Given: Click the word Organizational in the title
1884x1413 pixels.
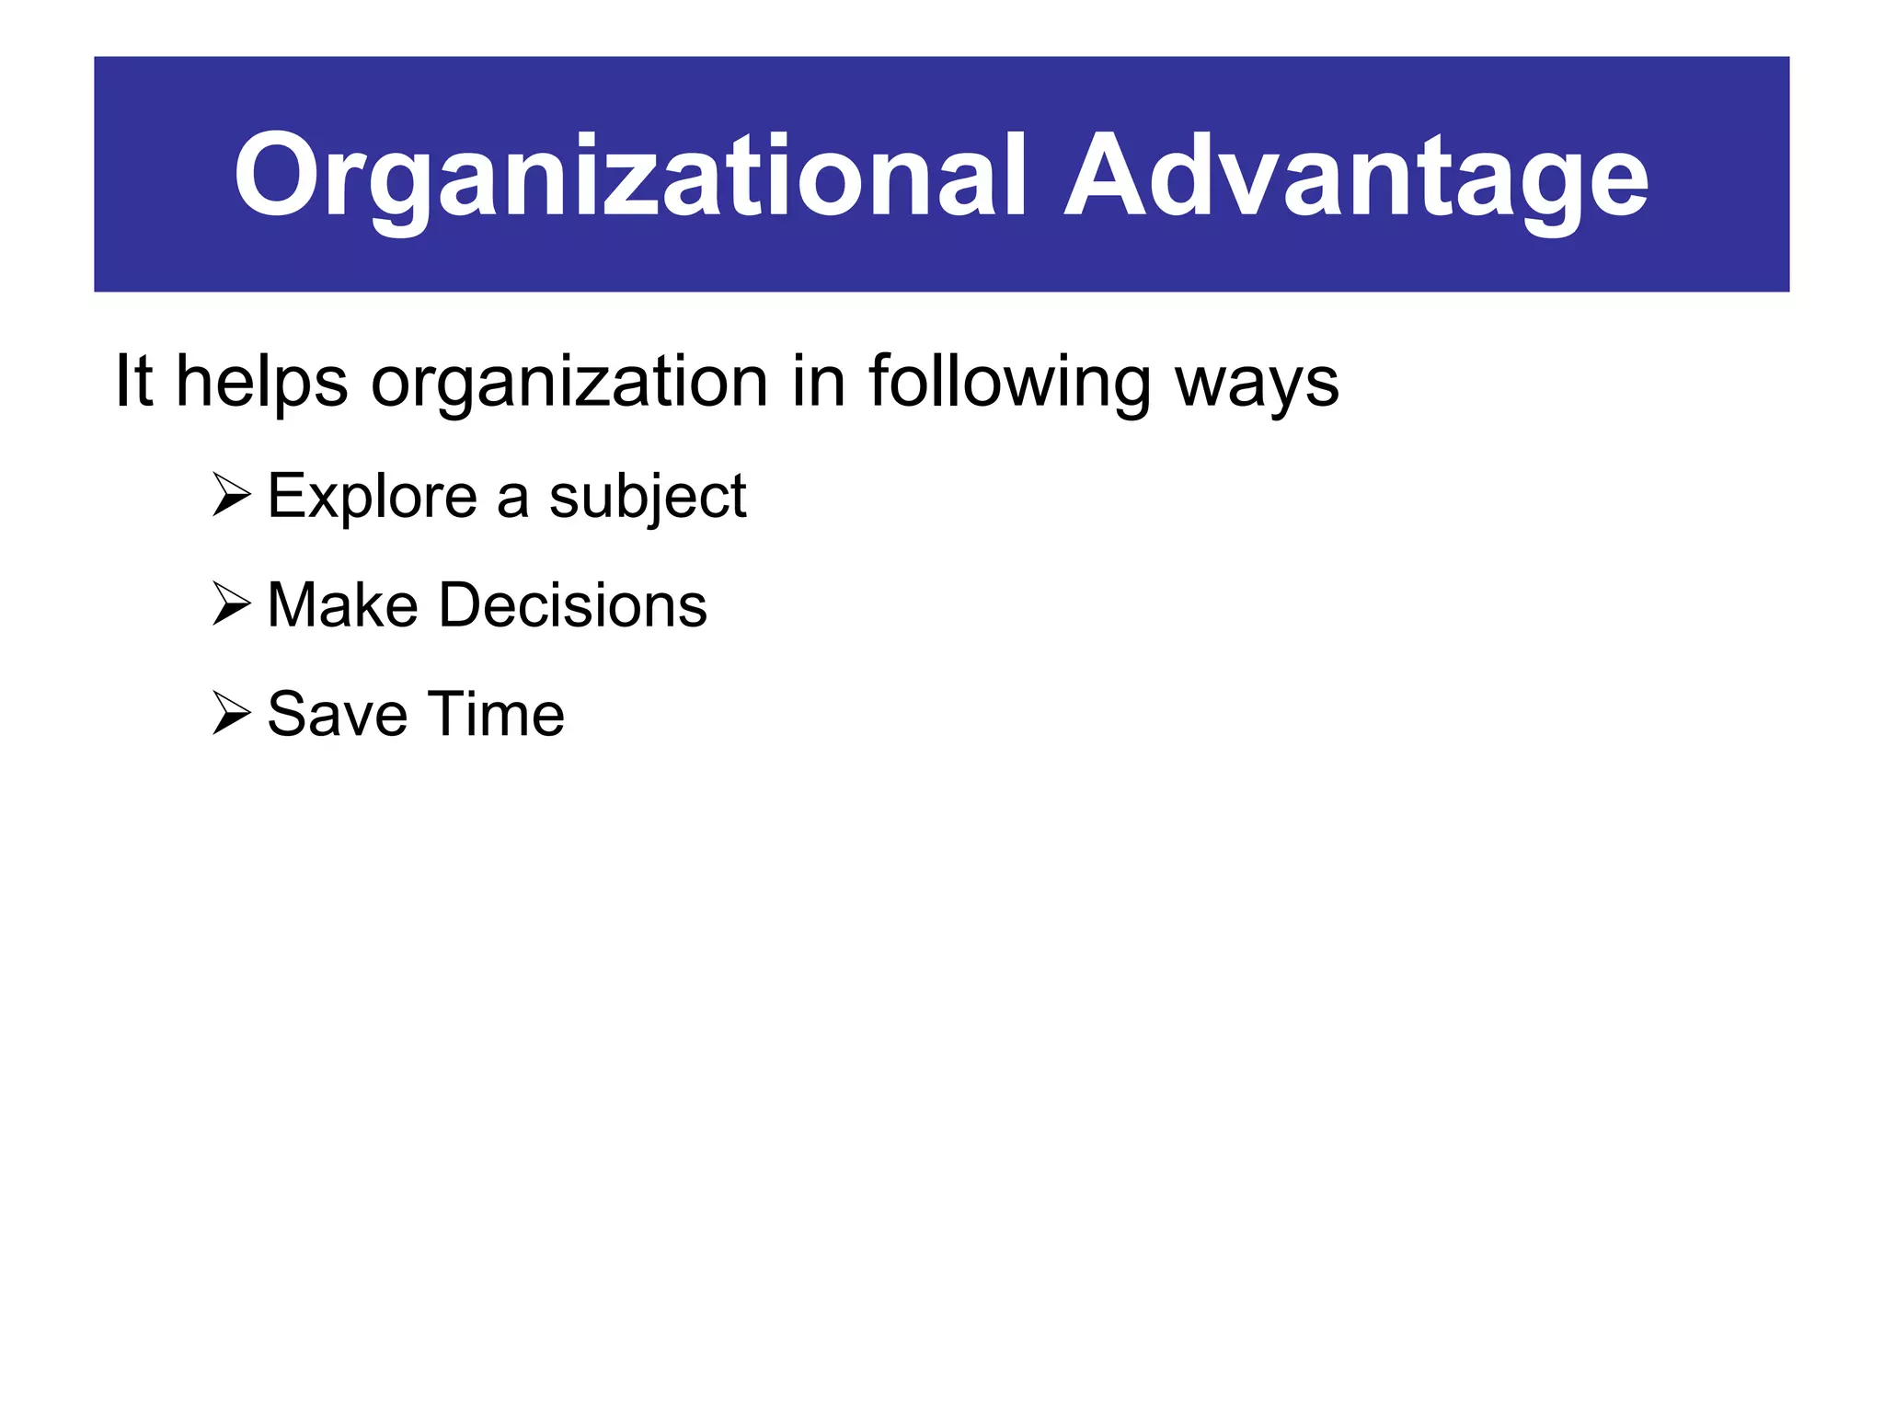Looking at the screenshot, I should (x=629, y=177).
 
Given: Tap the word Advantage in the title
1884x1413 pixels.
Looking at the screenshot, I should (x=1356, y=177).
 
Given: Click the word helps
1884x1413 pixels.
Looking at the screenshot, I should (x=261, y=383).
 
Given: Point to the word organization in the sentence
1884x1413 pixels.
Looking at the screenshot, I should (x=569, y=383).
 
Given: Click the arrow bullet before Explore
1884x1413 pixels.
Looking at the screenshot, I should (x=231, y=495).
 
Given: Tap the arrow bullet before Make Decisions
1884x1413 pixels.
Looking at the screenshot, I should (x=231, y=604).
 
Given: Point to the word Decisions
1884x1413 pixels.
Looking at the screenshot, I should (x=572, y=605).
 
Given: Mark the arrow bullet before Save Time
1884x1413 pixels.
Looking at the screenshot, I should (x=231, y=714).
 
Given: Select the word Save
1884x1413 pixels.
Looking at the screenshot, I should (x=337, y=714).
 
